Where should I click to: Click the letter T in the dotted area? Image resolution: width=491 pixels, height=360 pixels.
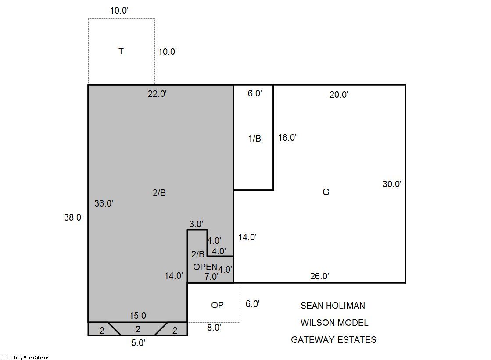click(121, 51)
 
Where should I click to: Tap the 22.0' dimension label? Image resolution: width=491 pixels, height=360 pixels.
click(157, 93)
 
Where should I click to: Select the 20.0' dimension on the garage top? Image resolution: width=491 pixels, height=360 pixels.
click(339, 95)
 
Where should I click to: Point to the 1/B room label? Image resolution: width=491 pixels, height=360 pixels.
click(254, 139)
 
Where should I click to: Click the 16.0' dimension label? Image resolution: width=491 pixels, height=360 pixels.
click(287, 137)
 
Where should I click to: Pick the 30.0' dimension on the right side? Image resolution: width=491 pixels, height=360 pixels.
click(392, 184)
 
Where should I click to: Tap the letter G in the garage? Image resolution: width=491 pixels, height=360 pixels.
click(326, 192)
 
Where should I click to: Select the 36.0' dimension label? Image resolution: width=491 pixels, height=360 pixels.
click(104, 203)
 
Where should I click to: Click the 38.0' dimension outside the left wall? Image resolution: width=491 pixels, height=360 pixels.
click(74, 217)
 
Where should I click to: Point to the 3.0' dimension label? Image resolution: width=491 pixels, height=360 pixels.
click(196, 224)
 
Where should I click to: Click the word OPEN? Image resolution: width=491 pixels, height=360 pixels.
click(205, 267)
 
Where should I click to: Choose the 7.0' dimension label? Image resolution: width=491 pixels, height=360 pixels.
click(211, 276)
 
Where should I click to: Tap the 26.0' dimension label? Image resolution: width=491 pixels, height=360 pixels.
click(319, 276)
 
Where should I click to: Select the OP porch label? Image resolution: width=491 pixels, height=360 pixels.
click(217, 305)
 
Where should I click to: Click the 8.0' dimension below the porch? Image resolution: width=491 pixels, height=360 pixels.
click(214, 327)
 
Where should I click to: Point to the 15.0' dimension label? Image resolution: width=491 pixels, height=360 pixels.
click(138, 316)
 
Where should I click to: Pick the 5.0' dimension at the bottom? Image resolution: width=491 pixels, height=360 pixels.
click(138, 343)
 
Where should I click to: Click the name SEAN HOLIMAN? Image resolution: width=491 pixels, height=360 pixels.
click(333, 306)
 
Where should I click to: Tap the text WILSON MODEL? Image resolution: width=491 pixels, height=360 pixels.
click(334, 322)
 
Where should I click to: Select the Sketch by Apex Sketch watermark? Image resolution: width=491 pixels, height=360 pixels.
click(26, 357)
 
